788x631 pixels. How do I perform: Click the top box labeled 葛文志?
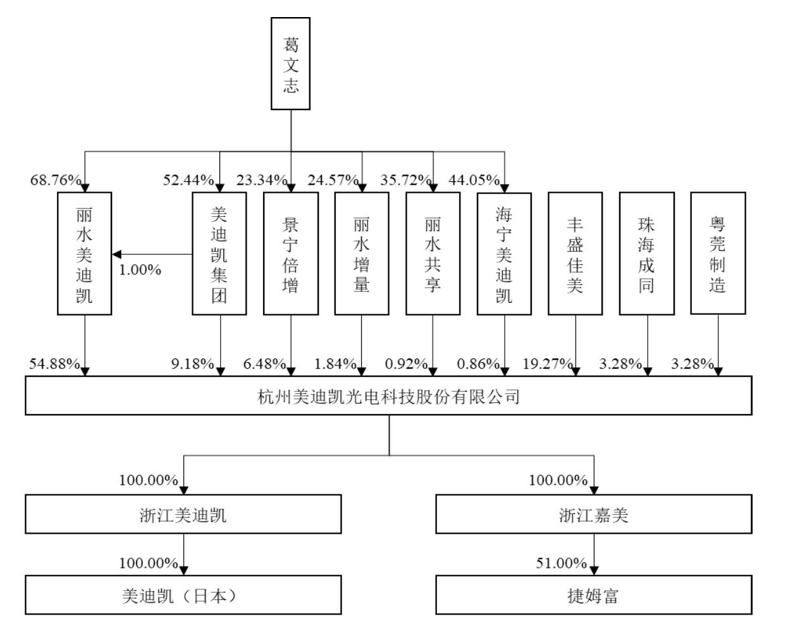pos(290,64)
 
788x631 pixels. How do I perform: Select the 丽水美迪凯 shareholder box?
pos(84,254)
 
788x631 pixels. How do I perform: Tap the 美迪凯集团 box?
pos(219,254)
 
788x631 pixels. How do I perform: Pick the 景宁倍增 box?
pos(290,254)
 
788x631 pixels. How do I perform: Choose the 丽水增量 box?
pos(361,254)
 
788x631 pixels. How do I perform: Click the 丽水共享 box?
pos(433,254)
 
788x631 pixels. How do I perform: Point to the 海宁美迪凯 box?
pos(504,254)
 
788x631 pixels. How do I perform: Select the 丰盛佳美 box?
pos(575,254)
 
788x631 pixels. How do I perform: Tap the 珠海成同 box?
pos(646,254)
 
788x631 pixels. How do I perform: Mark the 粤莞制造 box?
pos(718,253)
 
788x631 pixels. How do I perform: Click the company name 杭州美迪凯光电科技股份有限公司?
pos(388,396)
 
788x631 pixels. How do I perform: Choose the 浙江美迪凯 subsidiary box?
pos(183,515)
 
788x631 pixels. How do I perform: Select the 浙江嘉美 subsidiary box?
pos(594,515)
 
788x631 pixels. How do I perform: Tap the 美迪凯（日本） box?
pos(183,596)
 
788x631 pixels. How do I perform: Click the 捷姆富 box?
pos(594,596)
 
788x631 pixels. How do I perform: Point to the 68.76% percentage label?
pos(56,180)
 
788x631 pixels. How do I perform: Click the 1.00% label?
pos(140,270)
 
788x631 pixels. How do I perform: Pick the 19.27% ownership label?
pos(548,364)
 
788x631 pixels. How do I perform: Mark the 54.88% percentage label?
pos(54,364)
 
